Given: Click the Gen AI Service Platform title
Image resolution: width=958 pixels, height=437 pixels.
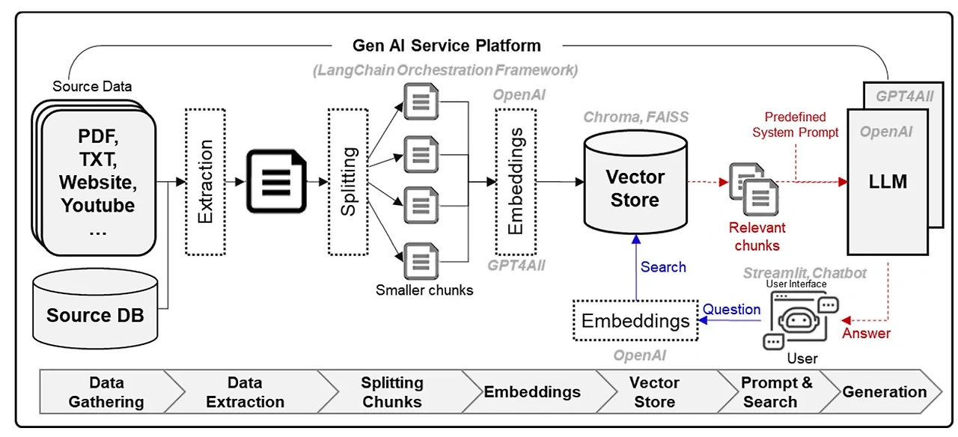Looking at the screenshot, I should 446,46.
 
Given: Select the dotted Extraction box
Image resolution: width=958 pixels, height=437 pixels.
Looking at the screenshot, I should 205,181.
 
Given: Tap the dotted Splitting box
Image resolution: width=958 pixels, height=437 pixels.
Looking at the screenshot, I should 348,181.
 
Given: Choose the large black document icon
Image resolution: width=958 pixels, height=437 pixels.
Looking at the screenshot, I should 277,181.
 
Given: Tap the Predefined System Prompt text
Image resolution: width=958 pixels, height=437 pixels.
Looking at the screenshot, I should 795,125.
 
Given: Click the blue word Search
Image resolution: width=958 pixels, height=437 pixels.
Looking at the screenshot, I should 663,267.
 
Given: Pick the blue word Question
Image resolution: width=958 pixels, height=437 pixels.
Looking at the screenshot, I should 731,310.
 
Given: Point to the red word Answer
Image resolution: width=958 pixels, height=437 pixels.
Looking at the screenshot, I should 866,334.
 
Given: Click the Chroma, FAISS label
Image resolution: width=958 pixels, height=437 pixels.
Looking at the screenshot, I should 635,117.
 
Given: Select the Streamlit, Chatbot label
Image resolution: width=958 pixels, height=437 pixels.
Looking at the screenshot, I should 805,274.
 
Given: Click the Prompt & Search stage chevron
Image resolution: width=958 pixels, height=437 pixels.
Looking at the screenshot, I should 776,392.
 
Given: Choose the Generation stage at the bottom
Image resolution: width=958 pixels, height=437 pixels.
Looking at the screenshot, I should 884,392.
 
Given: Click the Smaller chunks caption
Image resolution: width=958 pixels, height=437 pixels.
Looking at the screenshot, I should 424,290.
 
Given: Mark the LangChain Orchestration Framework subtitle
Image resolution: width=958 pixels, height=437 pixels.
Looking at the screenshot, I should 445,70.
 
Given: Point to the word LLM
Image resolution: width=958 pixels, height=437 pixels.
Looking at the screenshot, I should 888,181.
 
